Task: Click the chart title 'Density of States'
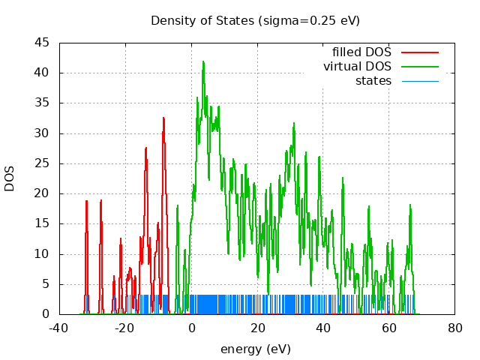(x=202, y=20)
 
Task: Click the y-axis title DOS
(x=10, y=178)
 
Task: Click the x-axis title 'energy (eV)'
(x=255, y=349)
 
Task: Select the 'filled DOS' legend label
(x=361, y=52)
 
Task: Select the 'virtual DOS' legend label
(x=357, y=67)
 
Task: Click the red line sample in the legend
(x=419, y=52)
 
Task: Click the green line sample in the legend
(x=419, y=67)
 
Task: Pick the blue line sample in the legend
(x=419, y=80)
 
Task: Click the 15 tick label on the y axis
(x=43, y=223)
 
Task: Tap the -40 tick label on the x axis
(x=59, y=328)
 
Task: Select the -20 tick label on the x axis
(x=125, y=328)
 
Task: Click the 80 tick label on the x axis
(x=454, y=328)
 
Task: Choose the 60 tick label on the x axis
(x=388, y=328)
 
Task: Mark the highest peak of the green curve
(x=203, y=62)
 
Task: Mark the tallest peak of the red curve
(x=163, y=118)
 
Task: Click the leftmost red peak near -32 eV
(x=87, y=201)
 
